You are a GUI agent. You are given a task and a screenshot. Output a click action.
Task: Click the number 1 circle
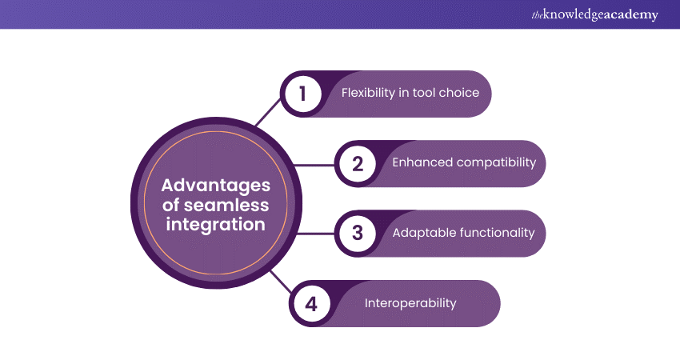(303, 94)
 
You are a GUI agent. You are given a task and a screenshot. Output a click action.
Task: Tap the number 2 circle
(358, 163)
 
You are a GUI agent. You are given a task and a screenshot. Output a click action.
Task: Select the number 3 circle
(358, 233)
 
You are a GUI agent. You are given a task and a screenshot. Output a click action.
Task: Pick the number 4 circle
(311, 303)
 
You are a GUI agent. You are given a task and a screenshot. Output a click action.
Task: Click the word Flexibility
(369, 93)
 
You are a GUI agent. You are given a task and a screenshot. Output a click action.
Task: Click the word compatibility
(495, 162)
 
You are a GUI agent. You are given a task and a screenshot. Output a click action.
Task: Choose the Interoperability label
(410, 303)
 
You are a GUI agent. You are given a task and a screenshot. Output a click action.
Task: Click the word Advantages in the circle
(216, 186)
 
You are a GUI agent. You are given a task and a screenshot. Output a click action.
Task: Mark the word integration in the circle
(216, 225)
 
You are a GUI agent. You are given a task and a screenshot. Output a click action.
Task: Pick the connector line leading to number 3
(314, 234)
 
